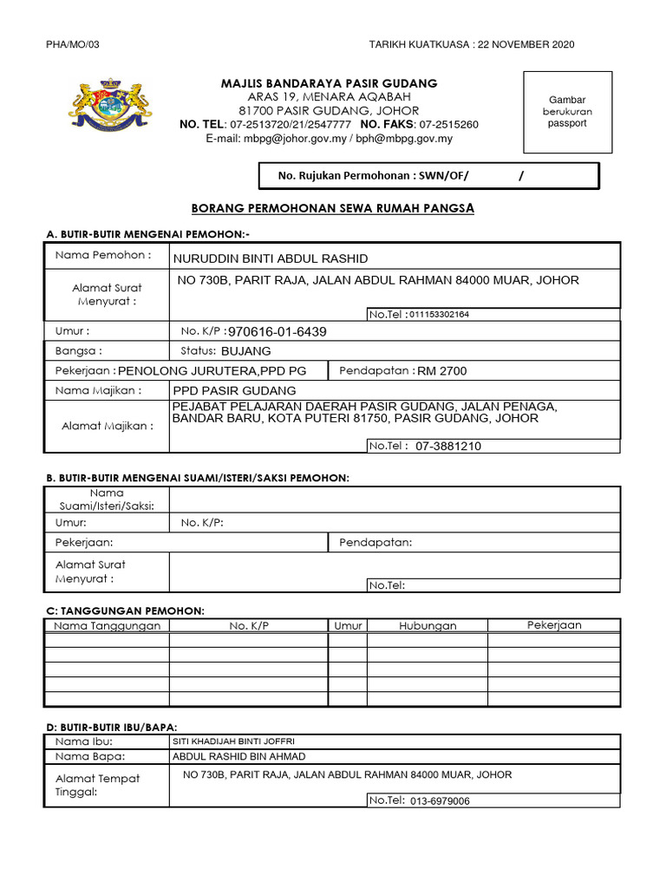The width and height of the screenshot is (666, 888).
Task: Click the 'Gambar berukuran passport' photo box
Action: (566, 112)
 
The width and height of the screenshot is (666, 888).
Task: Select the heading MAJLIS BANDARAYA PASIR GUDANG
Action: (329, 83)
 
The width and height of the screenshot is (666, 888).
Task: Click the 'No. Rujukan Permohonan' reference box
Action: (429, 176)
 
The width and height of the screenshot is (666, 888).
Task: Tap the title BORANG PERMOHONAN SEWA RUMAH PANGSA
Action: (332, 209)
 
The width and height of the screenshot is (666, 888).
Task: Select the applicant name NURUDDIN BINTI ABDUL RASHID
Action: (271, 258)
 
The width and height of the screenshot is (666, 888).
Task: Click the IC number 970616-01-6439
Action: (277, 332)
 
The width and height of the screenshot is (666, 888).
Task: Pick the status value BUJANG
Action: (246, 351)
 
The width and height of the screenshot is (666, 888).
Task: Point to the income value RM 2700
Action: (442, 371)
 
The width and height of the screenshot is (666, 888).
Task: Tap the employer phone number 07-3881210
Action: (448, 447)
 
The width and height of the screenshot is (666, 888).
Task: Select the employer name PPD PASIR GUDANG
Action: (235, 390)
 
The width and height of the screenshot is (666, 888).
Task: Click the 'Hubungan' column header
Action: (428, 625)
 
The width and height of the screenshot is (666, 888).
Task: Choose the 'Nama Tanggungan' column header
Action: (108, 625)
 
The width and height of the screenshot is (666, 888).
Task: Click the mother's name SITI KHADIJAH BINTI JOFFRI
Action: (227, 741)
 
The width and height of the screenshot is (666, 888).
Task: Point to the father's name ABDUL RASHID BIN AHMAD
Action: (227, 755)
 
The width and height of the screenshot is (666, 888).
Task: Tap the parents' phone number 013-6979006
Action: (440, 800)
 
